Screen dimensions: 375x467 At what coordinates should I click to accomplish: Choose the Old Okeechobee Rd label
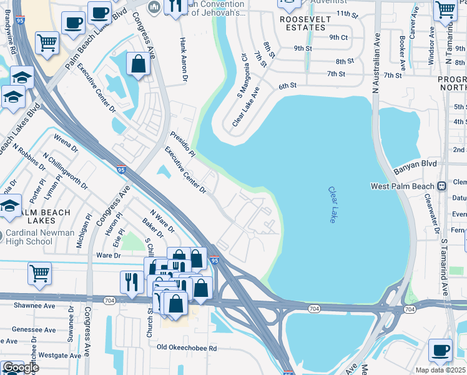[186, 347]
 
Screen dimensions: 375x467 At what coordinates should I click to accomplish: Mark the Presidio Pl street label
[183, 144]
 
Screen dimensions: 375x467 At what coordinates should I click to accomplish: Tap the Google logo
[20, 367]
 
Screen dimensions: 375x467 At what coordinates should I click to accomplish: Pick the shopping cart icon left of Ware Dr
[39, 272]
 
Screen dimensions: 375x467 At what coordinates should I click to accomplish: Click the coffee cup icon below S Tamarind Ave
[441, 349]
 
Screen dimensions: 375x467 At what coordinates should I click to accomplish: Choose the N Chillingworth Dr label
[66, 170]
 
